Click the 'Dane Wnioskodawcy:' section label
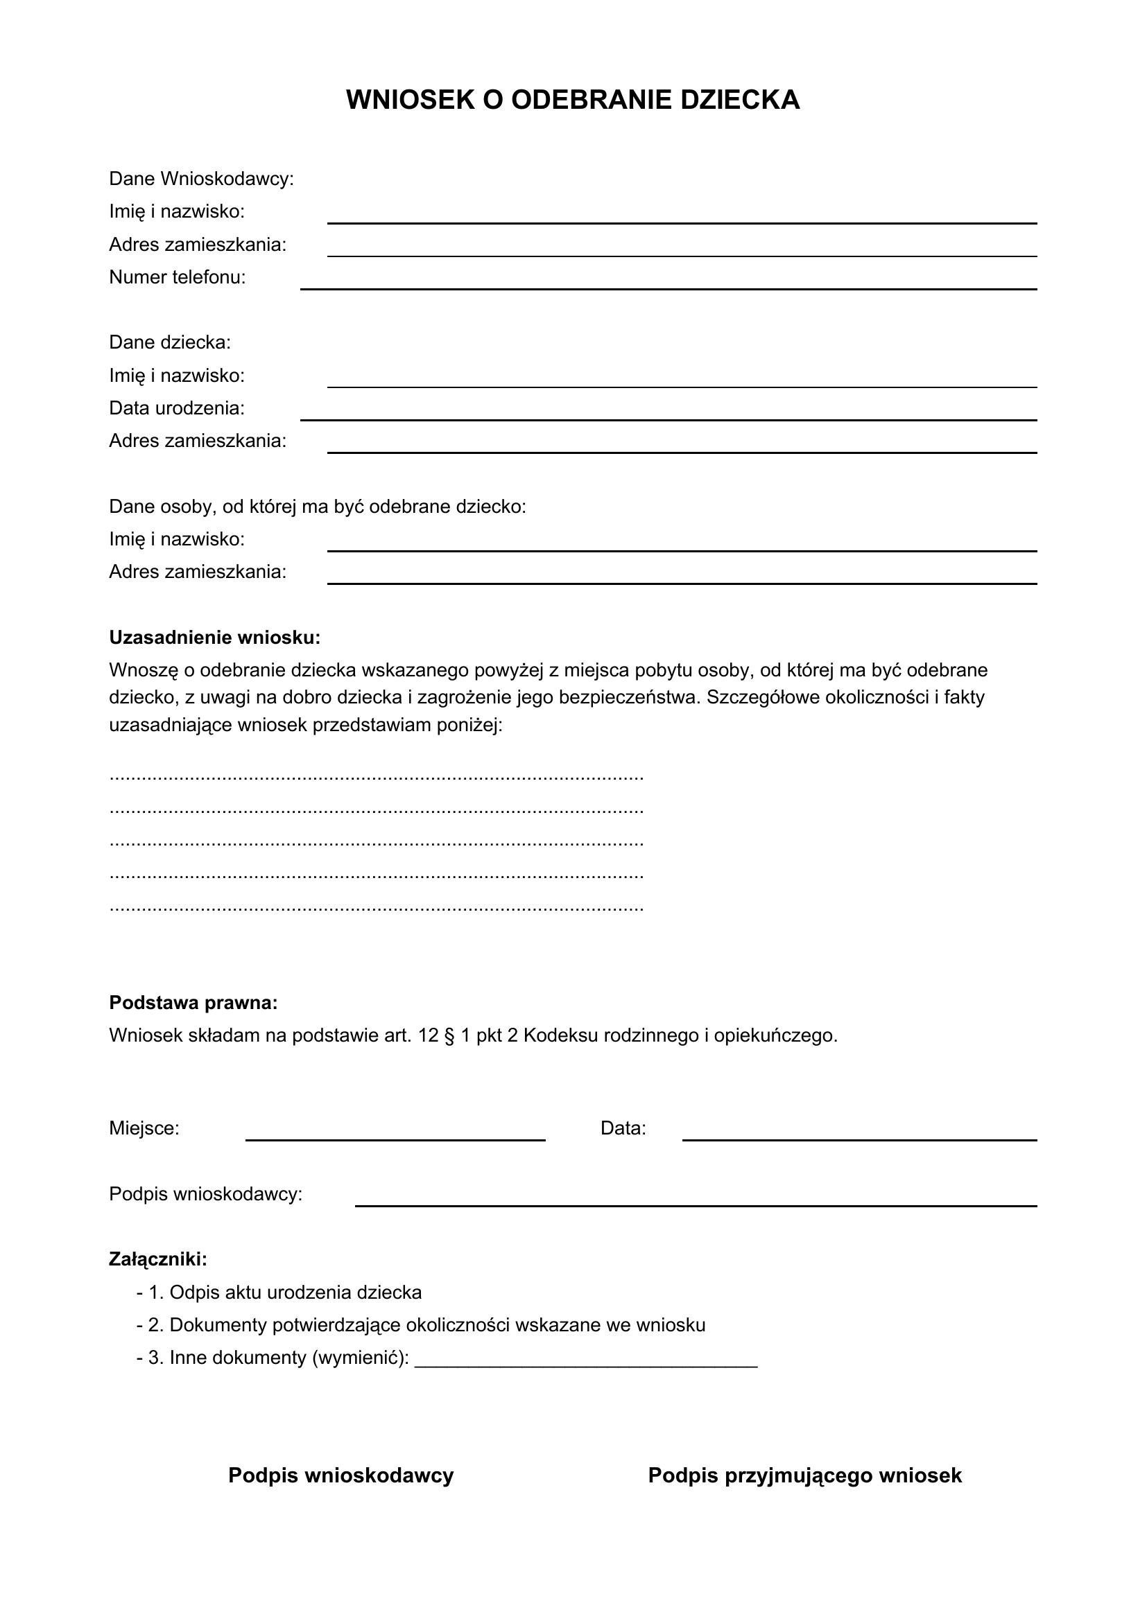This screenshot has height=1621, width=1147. click(201, 179)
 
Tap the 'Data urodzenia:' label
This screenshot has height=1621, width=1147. click(177, 408)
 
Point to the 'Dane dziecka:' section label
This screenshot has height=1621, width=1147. click(169, 342)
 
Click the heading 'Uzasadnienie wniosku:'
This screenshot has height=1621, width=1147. click(215, 638)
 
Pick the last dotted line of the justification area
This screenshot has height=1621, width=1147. click(377, 909)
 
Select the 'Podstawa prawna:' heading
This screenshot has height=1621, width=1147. click(193, 1003)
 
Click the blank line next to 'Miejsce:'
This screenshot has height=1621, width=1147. click(395, 1139)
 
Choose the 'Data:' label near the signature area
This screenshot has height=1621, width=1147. click(623, 1128)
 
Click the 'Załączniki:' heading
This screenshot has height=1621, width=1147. click(158, 1259)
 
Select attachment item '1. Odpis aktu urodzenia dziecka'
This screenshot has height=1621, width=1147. click(284, 1293)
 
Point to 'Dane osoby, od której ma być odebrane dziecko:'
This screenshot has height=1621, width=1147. click(317, 506)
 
